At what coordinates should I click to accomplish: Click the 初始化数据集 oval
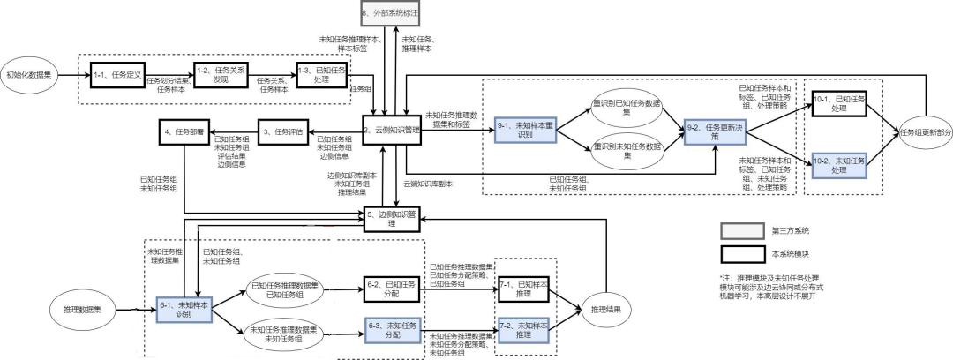pos(32,75)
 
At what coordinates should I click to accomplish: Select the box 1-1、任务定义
pos(116,76)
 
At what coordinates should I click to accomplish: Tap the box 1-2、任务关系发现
pos(218,76)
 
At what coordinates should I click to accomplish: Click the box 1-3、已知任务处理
pos(319,76)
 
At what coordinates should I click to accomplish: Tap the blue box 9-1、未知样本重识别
pos(524,129)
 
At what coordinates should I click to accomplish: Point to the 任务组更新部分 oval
pos(926,132)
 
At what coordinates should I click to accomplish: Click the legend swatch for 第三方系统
pos(741,230)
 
